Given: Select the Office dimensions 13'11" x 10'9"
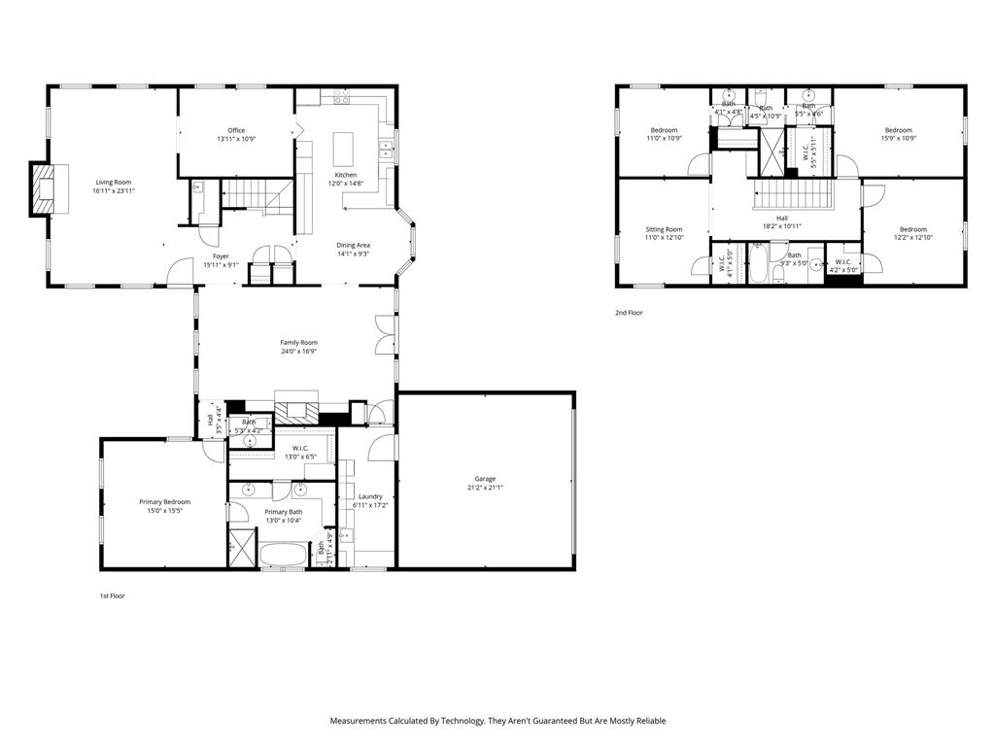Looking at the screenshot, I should [x=236, y=139].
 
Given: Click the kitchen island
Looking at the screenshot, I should [x=343, y=149].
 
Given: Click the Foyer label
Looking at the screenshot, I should [x=222, y=256].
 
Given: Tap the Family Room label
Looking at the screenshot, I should [x=298, y=342].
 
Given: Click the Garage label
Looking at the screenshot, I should [x=485, y=478].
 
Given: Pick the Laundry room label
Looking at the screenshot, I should [x=370, y=496].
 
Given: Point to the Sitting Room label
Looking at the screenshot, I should [x=664, y=229].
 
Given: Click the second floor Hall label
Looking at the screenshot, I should [x=782, y=218].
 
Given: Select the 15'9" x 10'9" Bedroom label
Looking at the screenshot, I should [x=898, y=130].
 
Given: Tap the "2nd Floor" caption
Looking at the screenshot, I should [x=629, y=313].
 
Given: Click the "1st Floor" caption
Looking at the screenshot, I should [x=112, y=595].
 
